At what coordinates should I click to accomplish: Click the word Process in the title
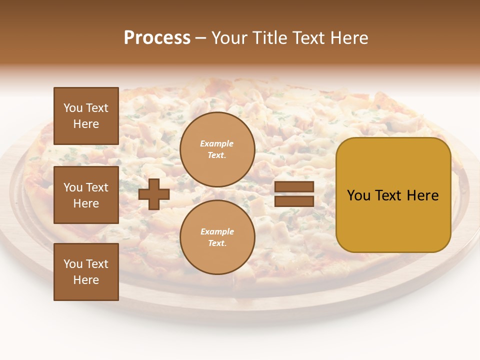pyautogui.click(x=157, y=38)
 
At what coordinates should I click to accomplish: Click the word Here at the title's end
pyautogui.click(x=348, y=38)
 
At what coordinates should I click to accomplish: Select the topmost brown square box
pyautogui.click(x=86, y=116)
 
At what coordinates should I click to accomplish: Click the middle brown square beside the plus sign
pyautogui.click(x=86, y=195)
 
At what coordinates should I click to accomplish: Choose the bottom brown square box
pyautogui.click(x=86, y=272)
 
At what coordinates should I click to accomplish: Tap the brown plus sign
pyautogui.click(x=154, y=194)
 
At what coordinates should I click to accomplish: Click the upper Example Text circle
pyautogui.click(x=217, y=149)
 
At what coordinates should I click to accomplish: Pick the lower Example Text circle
pyautogui.click(x=217, y=237)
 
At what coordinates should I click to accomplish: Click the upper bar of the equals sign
pyautogui.click(x=294, y=187)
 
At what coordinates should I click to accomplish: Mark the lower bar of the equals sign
pyautogui.click(x=294, y=201)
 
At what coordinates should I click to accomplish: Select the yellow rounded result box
pyautogui.click(x=393, y=195)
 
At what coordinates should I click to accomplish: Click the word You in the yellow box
pyautogui.click(x=359, y=195)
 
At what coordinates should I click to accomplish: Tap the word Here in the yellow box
pyautogui.click(x=422, y=195)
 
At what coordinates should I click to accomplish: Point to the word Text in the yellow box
pyautogui.click(x=388, y=195)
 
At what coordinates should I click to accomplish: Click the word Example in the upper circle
pyautogui.click(x=217, y=144)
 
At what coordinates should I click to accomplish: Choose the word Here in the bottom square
pyautogui.click(x=86, y=280)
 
